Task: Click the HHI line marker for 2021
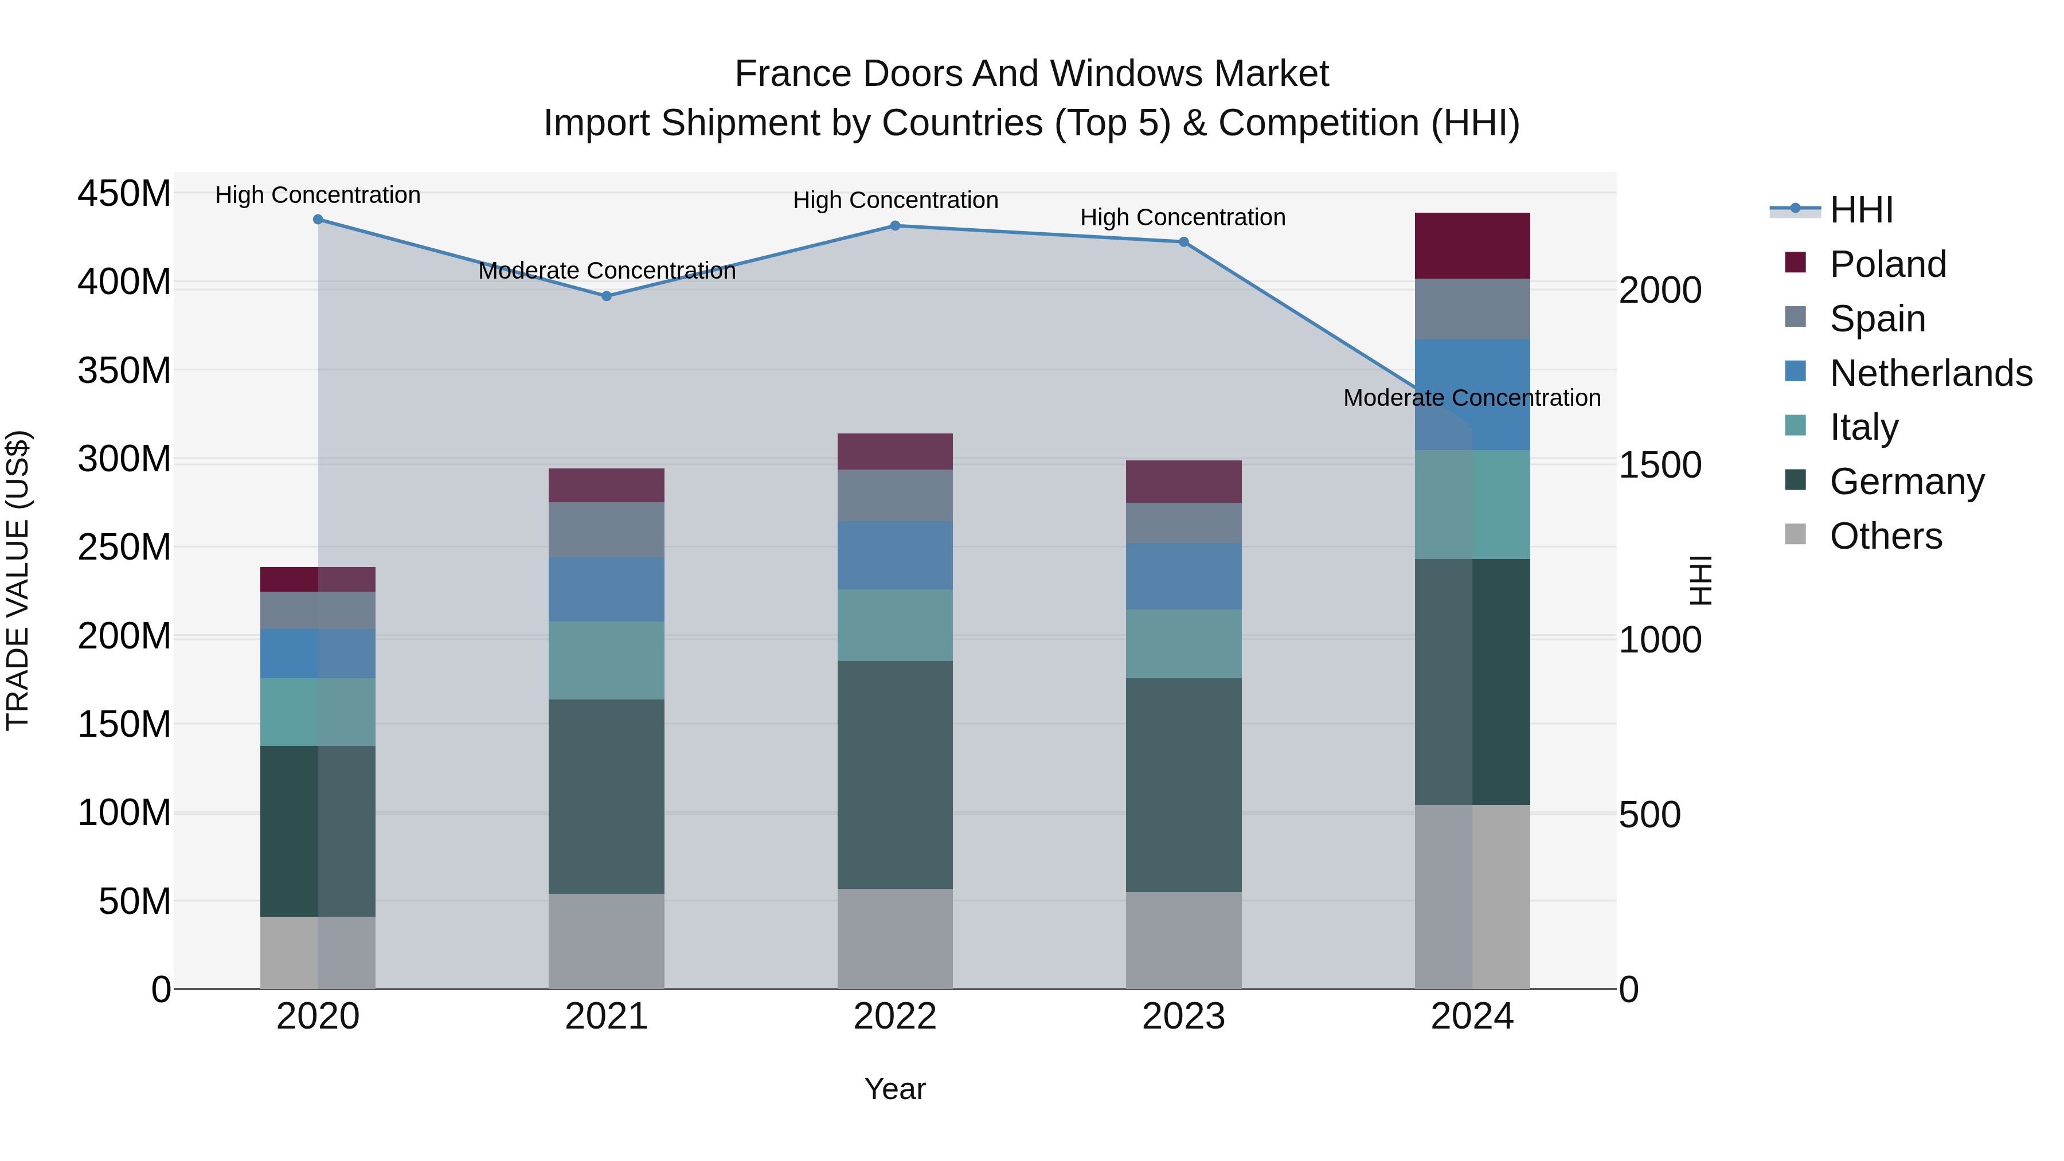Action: click(607, 296)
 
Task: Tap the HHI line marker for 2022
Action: click(895, 226)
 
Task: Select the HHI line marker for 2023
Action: click(1183, 242)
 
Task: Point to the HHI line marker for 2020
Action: click(318, 220)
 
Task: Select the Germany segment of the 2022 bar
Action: click(895, 775)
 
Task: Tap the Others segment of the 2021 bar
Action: click(607, 941)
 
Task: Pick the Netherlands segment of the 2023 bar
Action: click(1183, 576)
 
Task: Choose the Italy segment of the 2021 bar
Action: click(607, 660)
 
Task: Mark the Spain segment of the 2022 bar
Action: click(895, 495)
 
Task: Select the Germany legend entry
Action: click(1907, 482)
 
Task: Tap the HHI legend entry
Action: click(1861, 210)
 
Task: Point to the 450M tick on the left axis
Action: click(124, 194)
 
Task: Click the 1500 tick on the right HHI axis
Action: click(1660, 465)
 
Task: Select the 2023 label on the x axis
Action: click(1183, 1017)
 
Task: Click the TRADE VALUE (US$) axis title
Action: click(18, 580)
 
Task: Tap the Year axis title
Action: click(895, 1089)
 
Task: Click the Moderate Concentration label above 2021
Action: click(607, 271)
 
